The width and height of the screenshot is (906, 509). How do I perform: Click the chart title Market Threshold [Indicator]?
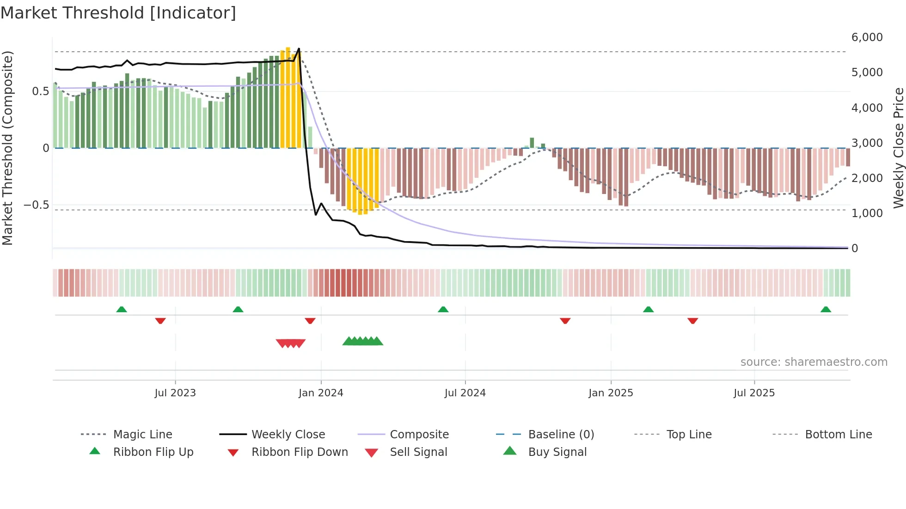coord(118,13)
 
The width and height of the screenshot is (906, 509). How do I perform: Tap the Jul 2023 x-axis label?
coord(175,393)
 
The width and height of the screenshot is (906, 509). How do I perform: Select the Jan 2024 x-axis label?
coord(321,393)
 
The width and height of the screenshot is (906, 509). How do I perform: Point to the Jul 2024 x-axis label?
coord(465,393)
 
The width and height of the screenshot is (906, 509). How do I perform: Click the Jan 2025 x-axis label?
coord(611,393)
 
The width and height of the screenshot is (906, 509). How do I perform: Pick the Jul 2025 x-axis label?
coord(754,393)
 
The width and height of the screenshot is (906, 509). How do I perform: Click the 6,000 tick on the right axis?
coord(867,37)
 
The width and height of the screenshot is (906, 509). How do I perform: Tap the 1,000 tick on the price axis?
coord(867,213)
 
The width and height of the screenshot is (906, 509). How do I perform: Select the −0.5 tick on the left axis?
coord(37,205)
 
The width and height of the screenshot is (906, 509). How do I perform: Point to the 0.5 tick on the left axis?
coord(41,91)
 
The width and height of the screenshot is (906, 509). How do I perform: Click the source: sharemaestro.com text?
coord(814,362)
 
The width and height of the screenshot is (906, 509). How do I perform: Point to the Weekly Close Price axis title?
coord(898,148)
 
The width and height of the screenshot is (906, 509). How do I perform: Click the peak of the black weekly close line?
coord(299,48)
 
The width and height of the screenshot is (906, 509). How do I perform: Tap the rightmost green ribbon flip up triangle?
coord(826,309)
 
